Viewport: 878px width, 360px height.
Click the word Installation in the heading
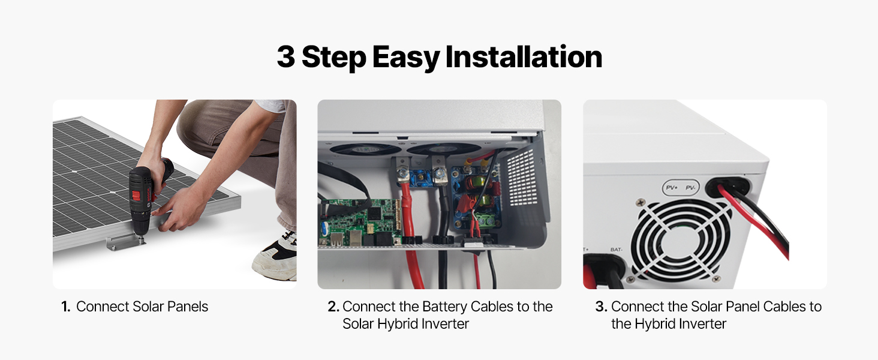coord(524,57)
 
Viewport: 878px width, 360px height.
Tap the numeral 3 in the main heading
coord(285,57)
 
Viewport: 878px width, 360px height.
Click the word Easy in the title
coord(406,58)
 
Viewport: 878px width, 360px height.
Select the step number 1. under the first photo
coord(65,307)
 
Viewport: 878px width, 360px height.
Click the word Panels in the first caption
coord(187,307)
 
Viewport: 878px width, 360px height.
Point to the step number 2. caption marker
coord(333,307)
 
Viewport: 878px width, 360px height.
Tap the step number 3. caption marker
coord(602,307)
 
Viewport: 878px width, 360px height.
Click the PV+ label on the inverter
coord(672,188)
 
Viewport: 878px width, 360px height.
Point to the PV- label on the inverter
coord(691,188)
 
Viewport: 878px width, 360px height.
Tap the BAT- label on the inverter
coord(616,250)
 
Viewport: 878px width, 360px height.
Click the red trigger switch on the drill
coord(136,195)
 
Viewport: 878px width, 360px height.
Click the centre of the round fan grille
coord(681,239)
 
